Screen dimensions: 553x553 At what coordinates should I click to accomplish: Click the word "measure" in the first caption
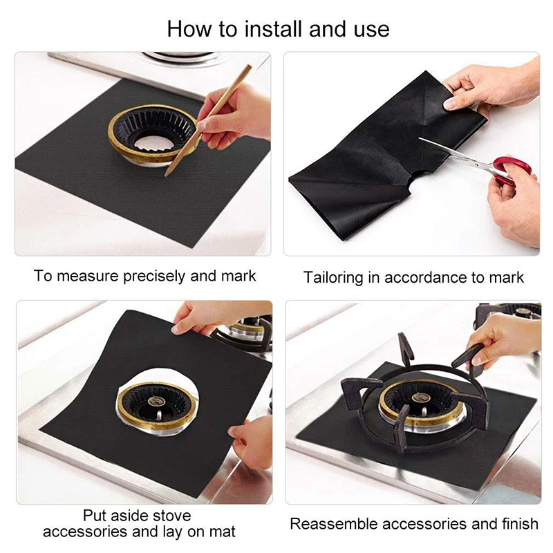click(x=88, y=276)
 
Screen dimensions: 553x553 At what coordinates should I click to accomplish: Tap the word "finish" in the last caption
click(x=521, y=524)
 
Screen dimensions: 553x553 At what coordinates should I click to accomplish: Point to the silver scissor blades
click(x=455, y=151)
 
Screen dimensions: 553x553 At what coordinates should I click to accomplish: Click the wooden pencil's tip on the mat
click(x=165, y=175)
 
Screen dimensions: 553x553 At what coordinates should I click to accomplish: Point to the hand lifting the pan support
click(x=505, y=344)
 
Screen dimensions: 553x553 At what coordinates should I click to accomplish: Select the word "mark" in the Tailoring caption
click(x=507, y=278)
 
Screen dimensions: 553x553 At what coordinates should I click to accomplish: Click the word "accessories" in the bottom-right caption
click(x=424, y=525)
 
